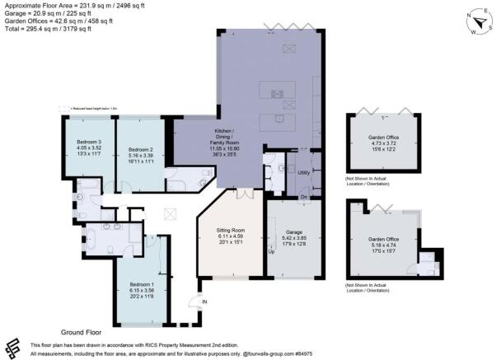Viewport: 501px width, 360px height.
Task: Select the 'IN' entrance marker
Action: (204, 303)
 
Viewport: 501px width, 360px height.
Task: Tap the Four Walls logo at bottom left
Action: (13, 347)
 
